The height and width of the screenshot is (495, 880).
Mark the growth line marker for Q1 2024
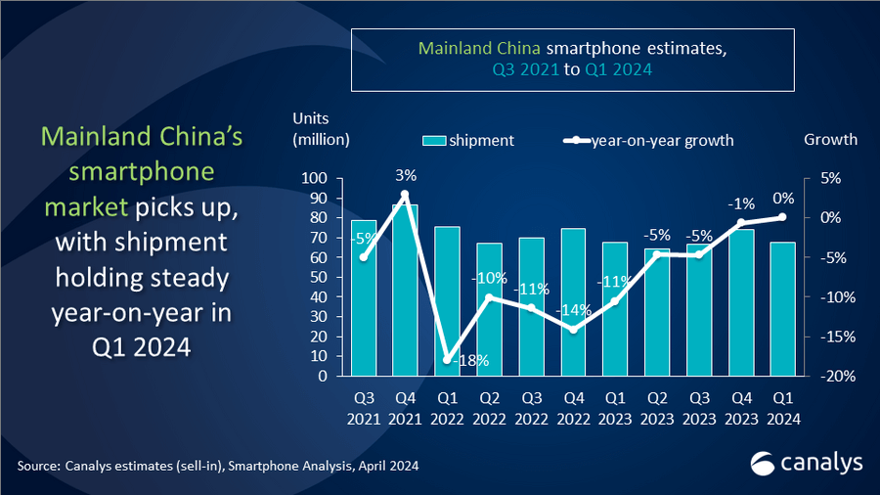[782, 217]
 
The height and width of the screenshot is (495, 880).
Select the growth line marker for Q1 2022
[447, 360]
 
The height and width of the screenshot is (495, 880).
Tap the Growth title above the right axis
[830, 139]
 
